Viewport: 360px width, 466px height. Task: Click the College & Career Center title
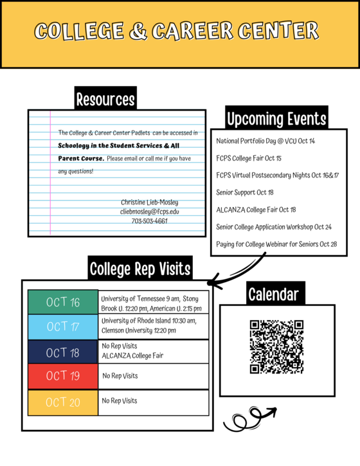(x=176, y=30)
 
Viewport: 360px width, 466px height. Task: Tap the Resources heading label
(x=105, y=99)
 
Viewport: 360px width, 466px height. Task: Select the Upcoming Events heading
(x=276, y=119)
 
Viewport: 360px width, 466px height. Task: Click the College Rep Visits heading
(x=139, y=268)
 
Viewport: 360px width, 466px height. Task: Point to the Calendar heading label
(x=273, y=294)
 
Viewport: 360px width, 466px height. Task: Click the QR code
(x=276, y=346)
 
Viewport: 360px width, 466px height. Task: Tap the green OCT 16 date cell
(x=63, y=302)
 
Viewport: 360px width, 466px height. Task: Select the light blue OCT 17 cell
(x=63, y=327)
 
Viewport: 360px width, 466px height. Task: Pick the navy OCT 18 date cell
(x=63, y=352)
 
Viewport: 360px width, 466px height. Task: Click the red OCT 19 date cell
(x=63, y=376)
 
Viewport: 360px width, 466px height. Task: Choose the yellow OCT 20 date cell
(x=63, y=402)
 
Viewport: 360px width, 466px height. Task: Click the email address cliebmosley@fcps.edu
(x=150, y=211)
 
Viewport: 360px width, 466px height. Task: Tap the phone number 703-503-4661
(x=150, y=220)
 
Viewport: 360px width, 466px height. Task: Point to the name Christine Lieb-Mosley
(x=150, y=202)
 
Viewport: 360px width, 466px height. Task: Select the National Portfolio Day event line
(x=265, y=140)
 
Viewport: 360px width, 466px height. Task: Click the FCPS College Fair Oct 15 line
(x=249, y=157)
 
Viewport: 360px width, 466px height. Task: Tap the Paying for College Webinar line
(x=276, y=244)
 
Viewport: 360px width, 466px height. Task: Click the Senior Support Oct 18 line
(x=245, y=192)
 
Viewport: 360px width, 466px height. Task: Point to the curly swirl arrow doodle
(x=248, y=418)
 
